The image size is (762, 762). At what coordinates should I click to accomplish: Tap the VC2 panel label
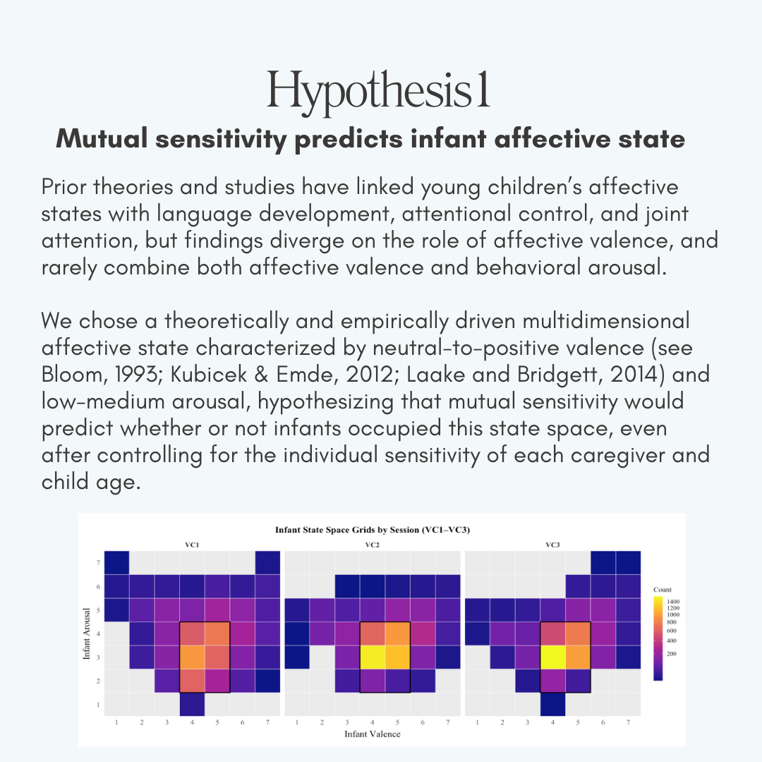[x=372, y=544]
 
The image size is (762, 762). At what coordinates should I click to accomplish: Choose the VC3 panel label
[x=552, y=544]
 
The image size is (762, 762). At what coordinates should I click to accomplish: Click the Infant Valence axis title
[x=372, y=734]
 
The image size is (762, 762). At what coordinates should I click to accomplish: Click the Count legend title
[x=662, y=589]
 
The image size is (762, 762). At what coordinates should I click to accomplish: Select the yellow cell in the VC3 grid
[x=552, y=657]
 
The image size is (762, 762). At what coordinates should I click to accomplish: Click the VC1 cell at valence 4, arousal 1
[x=192, y=703]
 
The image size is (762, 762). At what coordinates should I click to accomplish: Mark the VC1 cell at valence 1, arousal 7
[x=116, y=562]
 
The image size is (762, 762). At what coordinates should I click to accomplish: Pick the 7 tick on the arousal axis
[x=98, y=562]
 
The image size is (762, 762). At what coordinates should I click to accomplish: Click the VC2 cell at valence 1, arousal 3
[x=296, y=657]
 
